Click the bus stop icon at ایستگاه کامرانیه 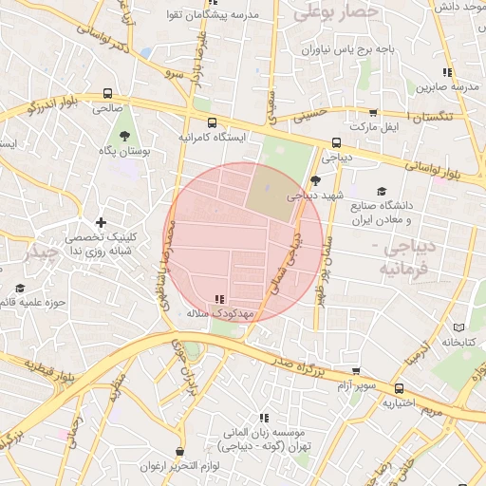click(211, 122)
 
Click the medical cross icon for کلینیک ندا click(102, 222)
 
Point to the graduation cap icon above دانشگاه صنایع click(382, 191)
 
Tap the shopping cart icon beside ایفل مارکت click(373, 112)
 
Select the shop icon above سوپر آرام click(356, 371)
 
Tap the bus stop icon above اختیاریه click(399, 388)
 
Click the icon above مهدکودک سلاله click(220, 299)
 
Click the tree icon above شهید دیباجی click(315, 179)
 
